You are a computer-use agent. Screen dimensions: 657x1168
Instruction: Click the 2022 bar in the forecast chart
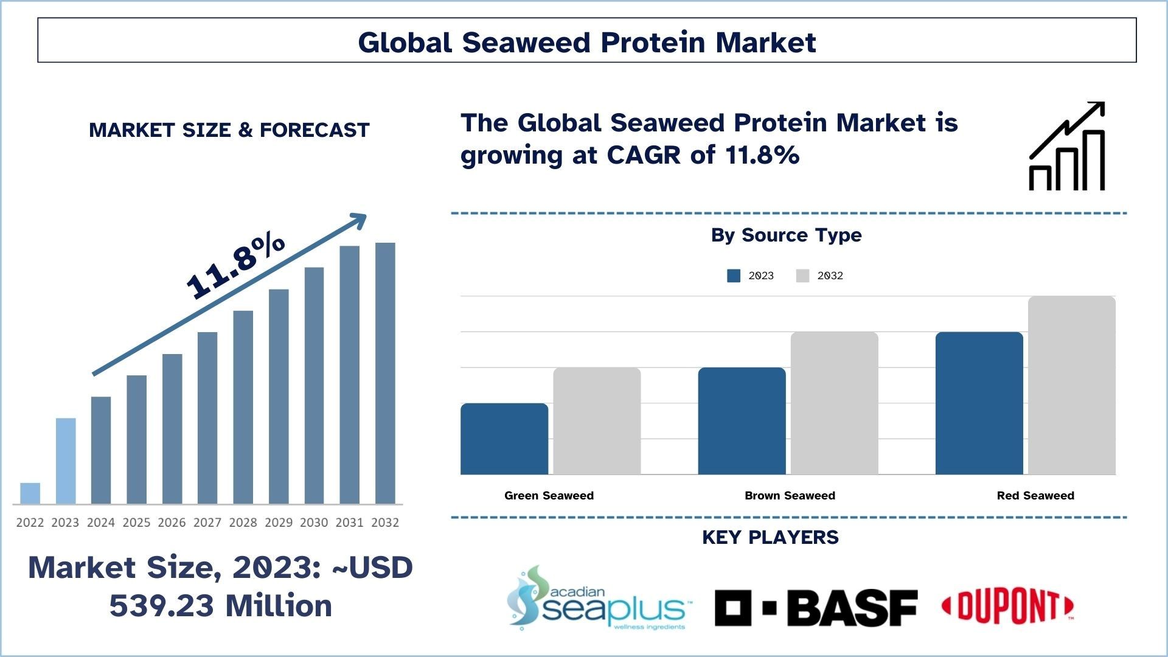(x=30, y=493)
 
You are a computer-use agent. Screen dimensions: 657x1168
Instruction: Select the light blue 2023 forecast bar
(x=66, y=461)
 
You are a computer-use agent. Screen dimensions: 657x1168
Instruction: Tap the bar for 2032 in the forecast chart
(x=385, y=373)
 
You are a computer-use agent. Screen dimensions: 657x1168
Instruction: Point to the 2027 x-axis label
(x=207, y=523)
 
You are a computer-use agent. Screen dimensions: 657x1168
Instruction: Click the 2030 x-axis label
(x=314, y=523)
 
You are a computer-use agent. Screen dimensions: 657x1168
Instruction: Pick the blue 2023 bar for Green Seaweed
(x=504, y=439)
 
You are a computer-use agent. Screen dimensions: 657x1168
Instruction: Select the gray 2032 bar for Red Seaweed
(x=1071, y=385)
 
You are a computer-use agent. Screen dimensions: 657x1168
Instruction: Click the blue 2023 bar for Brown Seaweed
(x=742, y=421)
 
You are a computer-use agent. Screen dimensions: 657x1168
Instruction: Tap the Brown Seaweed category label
(x=790, y=496)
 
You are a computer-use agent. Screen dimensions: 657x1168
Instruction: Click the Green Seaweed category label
(x=549, y=496)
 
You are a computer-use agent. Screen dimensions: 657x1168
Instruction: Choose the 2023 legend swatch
(x=734, y=276)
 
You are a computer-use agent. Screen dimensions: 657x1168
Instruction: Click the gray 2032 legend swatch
(x=802, y=276)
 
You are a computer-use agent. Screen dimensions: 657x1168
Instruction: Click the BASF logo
(x=816, y=608)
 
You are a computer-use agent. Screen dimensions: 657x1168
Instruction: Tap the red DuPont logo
(x=1007, y=607)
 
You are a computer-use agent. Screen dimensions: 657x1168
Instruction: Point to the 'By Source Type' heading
(x=786, y=235)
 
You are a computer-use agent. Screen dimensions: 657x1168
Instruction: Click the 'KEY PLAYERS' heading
(x=770, y=537)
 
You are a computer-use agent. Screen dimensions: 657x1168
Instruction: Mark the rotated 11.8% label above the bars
(x=235, y=266)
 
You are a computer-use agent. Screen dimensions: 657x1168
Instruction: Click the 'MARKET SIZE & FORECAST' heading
(x=229, y=130)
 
